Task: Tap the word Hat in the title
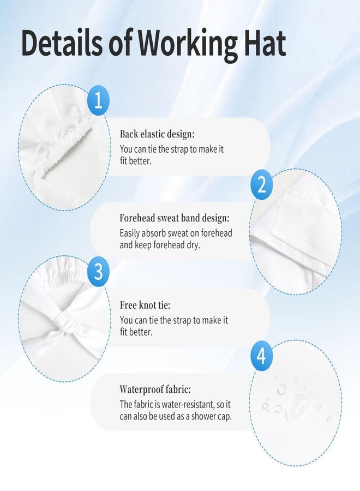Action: pos(265,42)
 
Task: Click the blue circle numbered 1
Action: pos(98,101)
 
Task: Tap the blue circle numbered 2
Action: pos(262,185)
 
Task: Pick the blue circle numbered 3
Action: pos(98,271)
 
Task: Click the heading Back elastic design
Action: pos(157,134)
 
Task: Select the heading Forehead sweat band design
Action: pos(175,218)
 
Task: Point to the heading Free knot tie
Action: pos(145,305)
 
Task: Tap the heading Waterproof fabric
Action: pos(155,390)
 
